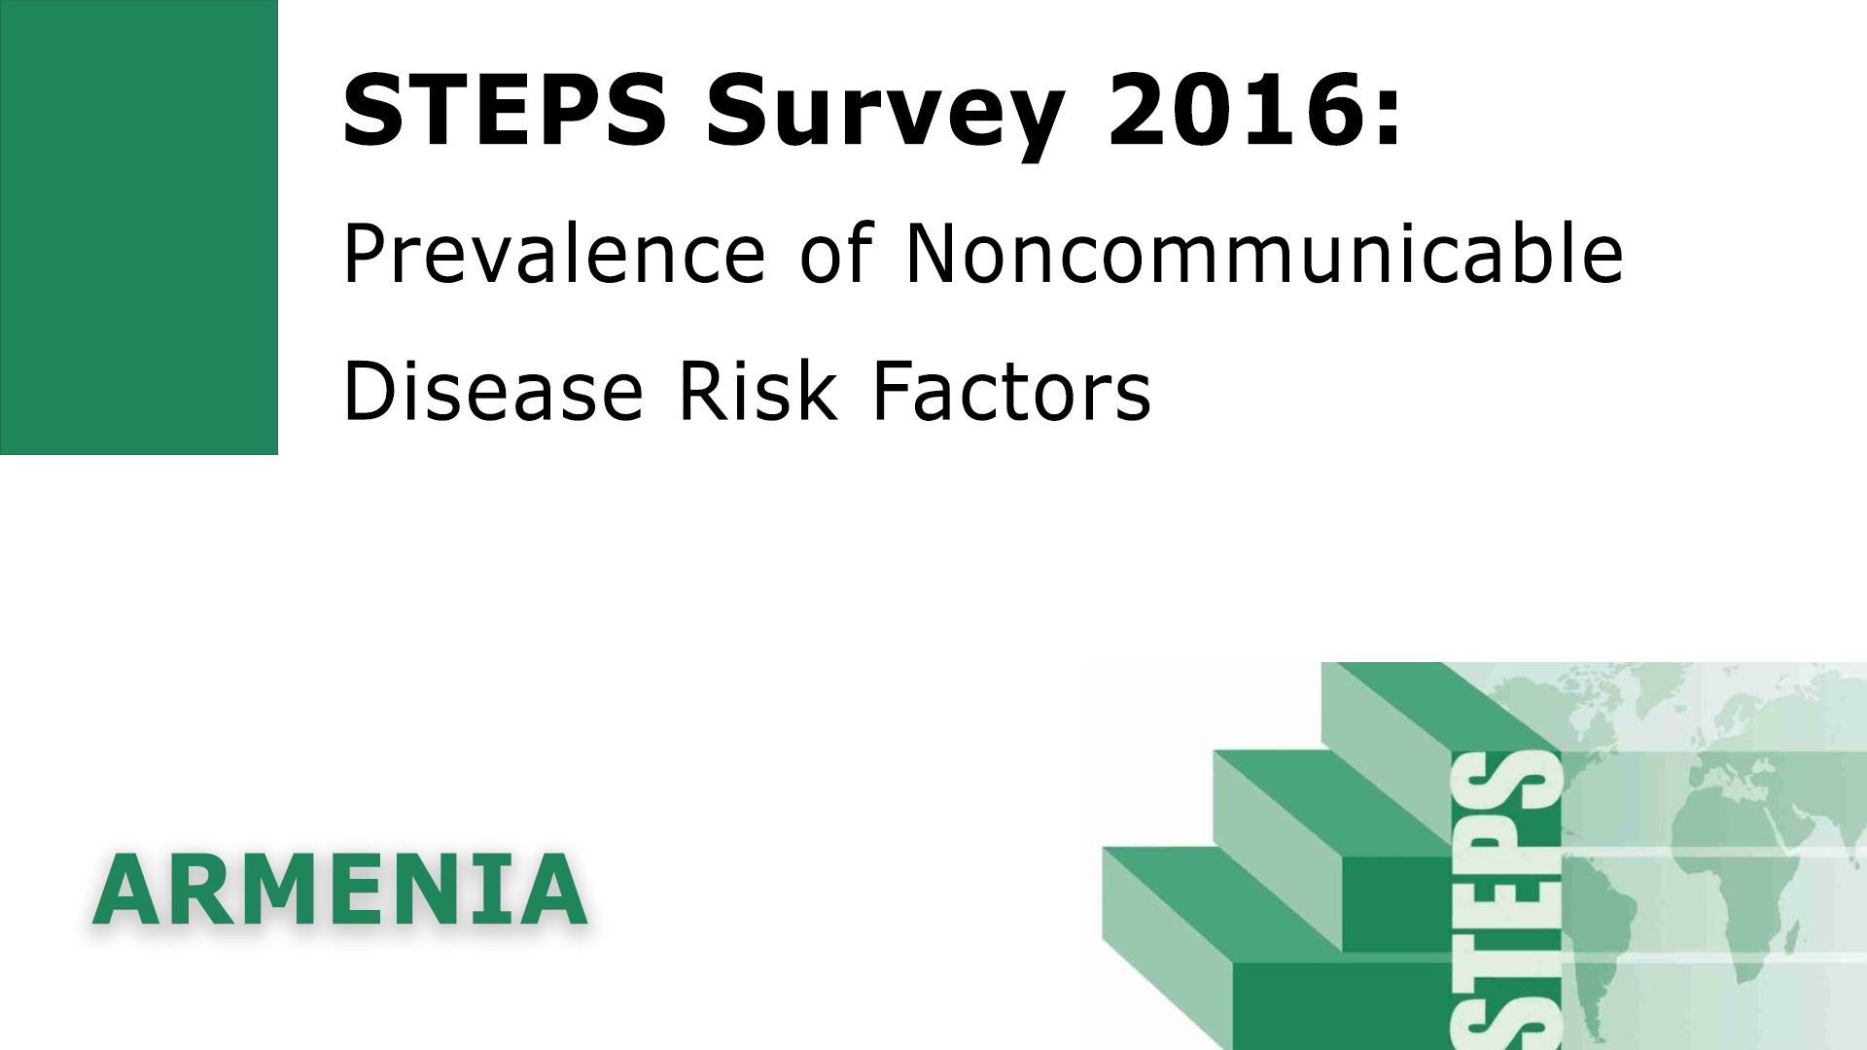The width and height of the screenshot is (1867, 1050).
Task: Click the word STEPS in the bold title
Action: pyautogui.click(x=505, y=110)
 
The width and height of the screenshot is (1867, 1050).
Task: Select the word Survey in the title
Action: pyautogui.click(x=886, y=117)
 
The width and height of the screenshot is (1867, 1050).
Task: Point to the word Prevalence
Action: pyautogui.click(x=554, y=253)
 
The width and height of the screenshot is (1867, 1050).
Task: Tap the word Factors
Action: pyautogui.click(x=1011, y=391)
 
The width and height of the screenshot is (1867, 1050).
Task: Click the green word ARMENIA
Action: pyautogui.click(x=339, y=890)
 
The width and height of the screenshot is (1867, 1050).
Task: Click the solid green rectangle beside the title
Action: pyautogui.click(x=139, y=227)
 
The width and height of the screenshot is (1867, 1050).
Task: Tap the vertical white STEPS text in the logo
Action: pyautogui.click(x=1506, y=899)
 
